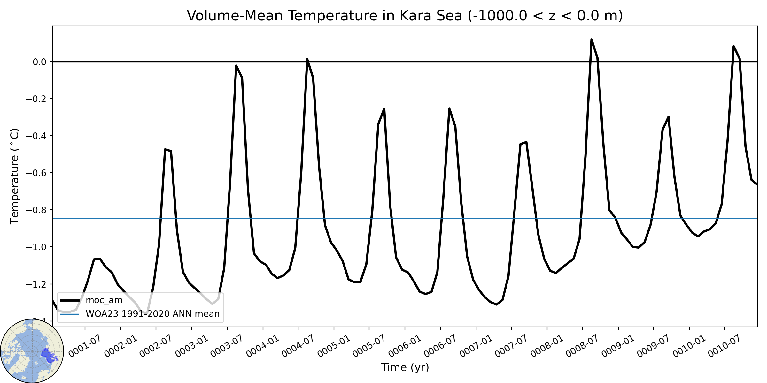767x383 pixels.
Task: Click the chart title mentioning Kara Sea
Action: coord(405,16)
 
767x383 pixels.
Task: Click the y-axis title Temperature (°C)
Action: coord(15,176)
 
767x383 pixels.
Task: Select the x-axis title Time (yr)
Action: coord(405,367)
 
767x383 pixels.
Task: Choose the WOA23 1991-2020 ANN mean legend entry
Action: coord(140,314)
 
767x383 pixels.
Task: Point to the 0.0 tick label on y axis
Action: coord(40,62)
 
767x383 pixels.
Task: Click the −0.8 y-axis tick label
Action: coord(36,210)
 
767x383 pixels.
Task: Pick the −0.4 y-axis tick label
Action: coord(36,136)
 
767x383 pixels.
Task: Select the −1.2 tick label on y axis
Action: coord(36,284)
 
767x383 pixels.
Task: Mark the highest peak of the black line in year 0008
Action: coord(592,40)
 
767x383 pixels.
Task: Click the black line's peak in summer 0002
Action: coord(165,149)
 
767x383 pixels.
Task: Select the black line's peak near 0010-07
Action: coord(734,46)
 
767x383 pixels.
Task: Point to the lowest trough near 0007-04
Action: coord(497,304)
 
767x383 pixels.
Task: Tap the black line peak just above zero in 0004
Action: coord(307,59)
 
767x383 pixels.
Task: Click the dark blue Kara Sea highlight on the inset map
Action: coord(48,355)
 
